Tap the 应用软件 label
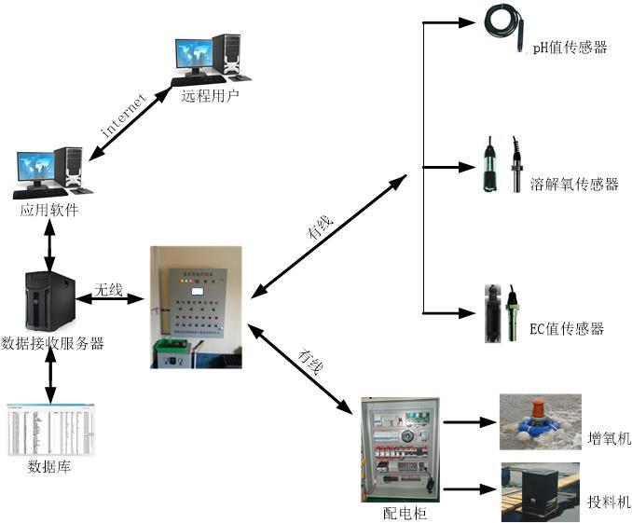[49, 211]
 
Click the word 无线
[108, 290]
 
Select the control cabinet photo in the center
[196, 306]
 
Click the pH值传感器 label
[570, 47]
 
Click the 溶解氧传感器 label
[574, 184]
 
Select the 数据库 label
[49, 467]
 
